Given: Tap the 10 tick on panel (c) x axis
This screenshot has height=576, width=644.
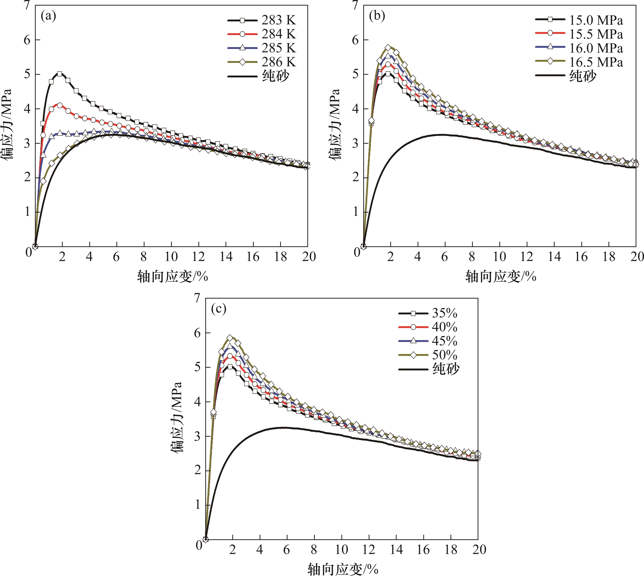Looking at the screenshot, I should (x=341, y=550).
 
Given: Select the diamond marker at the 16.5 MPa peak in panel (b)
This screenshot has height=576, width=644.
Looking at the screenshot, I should (x=388, y=48).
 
